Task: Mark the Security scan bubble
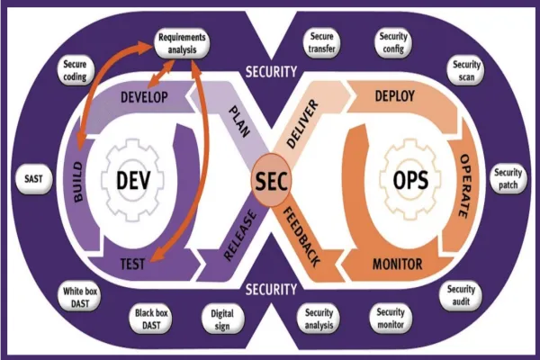point(467,70)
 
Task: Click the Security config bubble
point(394,42)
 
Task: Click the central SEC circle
point(271,180)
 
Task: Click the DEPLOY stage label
point(393,95)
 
